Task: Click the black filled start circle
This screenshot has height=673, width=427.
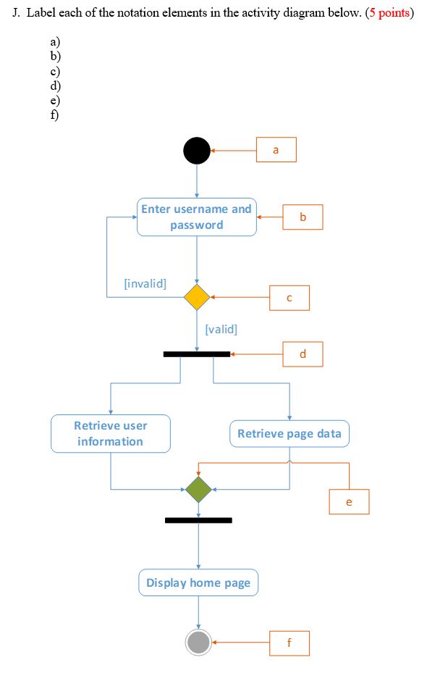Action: pyautogui.click(x=197, y=151)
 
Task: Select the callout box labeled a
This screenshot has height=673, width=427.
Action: pyautogui.click(x=276, y=150)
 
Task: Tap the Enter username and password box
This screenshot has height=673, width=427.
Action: pyautogui.click(x=197, y=217)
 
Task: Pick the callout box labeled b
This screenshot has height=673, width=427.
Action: pyautogui.click(x=303, y=217)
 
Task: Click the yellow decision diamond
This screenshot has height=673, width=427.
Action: pyautogui.click(x=197, y=297)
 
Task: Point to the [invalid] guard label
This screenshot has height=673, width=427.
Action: pyautogui.click(x=145, y=283)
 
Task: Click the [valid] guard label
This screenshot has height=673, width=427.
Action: pyautogui.click(x=221, y=329)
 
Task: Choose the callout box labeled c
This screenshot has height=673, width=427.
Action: pyautogui.click(x=289, y=297)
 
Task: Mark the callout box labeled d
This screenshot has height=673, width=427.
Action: pyautogui.click(x=303, y=354)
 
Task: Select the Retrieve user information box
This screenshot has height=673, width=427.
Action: pyautogui.click(x=111, y=433)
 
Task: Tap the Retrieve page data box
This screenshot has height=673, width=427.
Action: pyautogui.click(x=289, y=433)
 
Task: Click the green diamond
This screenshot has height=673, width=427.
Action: pyautogui.click(x=198, y=489)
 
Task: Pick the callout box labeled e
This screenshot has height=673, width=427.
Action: pyautogui.click(x=349, y=501)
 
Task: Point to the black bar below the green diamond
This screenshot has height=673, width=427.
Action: pyautogui.click(x=198, y=520)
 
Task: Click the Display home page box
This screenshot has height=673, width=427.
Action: pyautogui.click(x=198, y=582)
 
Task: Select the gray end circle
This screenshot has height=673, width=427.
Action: pyautogui.click(x=198, y=642)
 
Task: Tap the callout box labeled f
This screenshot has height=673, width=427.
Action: pyautogui.click(x=289, y=643)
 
